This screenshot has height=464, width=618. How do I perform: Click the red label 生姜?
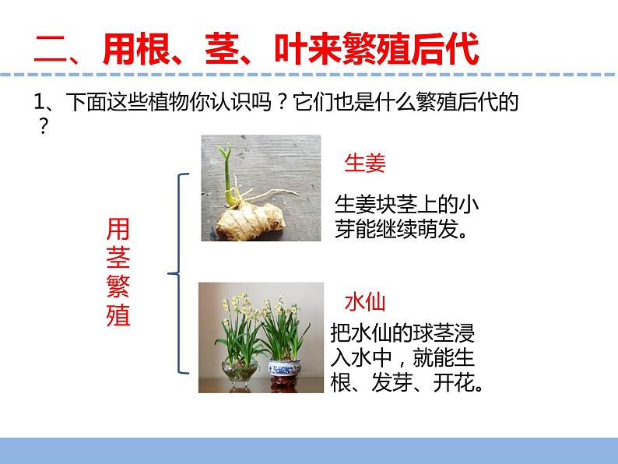[x=365, y=163]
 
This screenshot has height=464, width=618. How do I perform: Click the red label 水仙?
[x=365, y=302]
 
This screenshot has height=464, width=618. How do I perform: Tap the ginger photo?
[x=261, y=188]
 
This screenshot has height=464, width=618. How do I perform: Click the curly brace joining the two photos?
[x=177, y=273]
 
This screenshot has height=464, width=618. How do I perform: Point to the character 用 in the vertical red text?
[x=118, y=228]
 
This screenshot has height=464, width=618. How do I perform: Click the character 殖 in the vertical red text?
[x=118, y=317]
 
